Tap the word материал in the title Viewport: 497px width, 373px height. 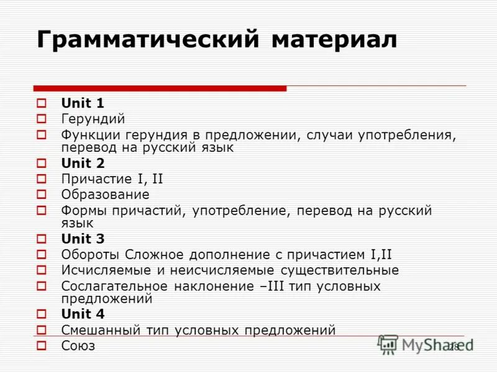coord(334,40)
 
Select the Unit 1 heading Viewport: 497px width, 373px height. coord(83,103)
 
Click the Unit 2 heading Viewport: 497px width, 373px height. coord(83,163)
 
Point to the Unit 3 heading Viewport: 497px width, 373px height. coord(83,239)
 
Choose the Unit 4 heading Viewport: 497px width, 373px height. coord(83,314)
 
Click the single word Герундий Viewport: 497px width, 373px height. coord(93,118)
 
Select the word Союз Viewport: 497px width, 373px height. coord(78,346)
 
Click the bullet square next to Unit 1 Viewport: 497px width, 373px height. coord(42,103)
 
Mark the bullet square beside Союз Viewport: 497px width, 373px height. coord(42,346)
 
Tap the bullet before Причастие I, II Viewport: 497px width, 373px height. coord(42,179)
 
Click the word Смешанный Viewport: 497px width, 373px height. coord(102,330)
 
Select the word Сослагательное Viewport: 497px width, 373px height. coord(115,286)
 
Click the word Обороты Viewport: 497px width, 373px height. coord(91,254)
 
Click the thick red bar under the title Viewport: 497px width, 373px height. coord(160,88)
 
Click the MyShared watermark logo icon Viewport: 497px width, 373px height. coord(388,344)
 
